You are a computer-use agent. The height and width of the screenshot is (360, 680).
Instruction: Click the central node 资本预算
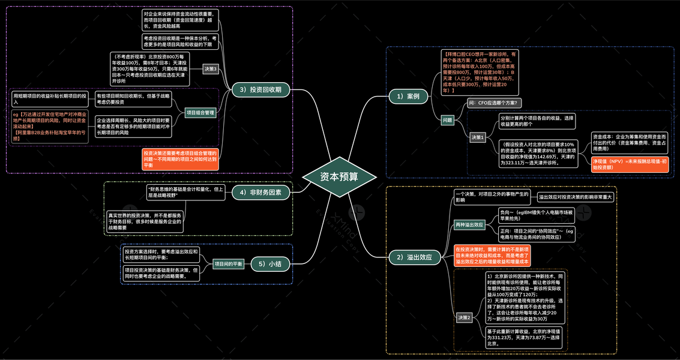340,177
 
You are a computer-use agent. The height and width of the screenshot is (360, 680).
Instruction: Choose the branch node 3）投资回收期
260,90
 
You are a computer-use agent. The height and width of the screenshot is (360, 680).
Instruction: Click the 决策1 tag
477,137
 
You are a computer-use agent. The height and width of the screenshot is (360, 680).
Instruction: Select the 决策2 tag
465,317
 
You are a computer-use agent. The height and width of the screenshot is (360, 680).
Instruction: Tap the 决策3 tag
210,68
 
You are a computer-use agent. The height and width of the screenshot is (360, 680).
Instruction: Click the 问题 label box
447,120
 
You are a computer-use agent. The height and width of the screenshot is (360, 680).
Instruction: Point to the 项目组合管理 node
200,112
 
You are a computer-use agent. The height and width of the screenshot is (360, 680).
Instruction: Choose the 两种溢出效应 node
469,224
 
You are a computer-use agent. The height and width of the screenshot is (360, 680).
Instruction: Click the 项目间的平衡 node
229,264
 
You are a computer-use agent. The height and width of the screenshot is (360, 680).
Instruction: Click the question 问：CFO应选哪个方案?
495,103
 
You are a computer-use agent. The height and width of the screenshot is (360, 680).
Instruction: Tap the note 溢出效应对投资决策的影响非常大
575,197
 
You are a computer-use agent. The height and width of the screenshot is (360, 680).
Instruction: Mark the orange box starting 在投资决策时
492,255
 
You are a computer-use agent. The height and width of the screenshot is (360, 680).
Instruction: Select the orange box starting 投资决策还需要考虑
180,159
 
